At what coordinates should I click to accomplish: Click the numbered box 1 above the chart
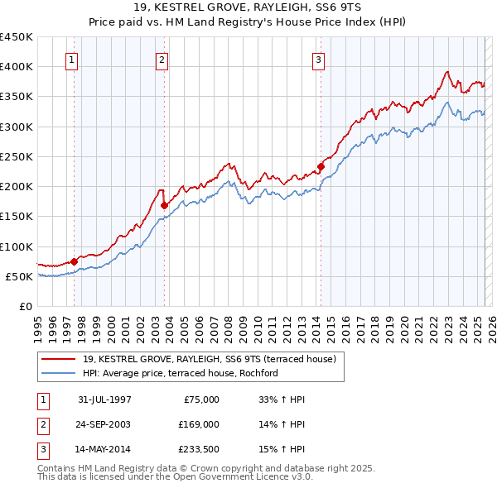pos(72,60)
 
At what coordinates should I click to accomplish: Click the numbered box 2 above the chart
pos(162,60)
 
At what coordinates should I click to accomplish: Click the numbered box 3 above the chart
pos(318,60)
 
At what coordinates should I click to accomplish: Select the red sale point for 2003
pos(164,205)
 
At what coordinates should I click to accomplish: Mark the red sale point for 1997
pos(75,261)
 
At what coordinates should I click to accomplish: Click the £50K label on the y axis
pos(20,276)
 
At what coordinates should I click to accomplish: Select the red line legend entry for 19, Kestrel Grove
pos(210,360)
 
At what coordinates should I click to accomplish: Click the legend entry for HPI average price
pos(180,374)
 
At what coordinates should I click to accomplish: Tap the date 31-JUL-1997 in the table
pos(104,399)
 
